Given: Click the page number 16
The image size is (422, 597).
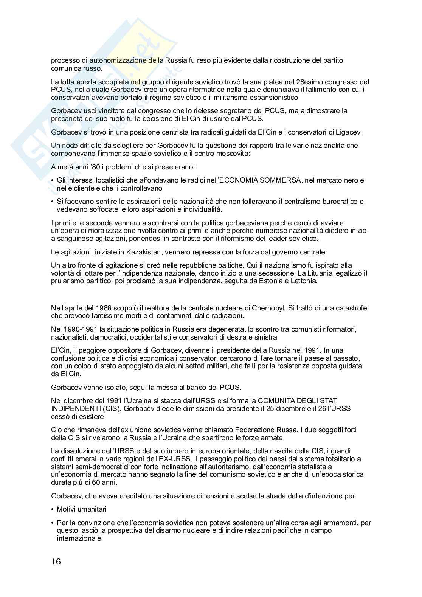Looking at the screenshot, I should click(x=56, y=561).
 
